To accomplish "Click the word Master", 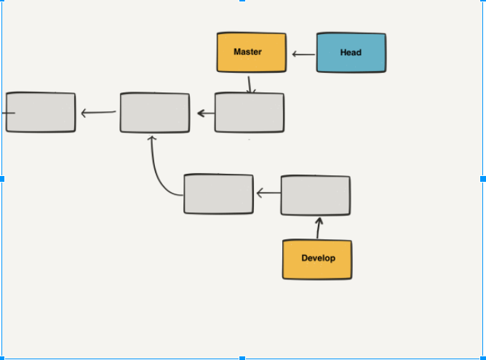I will [x=247, y=52].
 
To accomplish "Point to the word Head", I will [x=351, y=52].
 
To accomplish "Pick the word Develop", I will [x=318, y=258].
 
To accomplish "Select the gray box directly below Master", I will [x=250, y=113].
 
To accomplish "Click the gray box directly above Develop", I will [x=315, y=195].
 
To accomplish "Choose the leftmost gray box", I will [x=41, y=112].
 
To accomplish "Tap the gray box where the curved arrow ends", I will [x=155, y=112].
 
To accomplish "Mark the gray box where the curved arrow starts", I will [x=218, y=193].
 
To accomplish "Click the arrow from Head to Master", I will [x=303, y=54].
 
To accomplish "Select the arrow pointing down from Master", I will [x=250, y=84].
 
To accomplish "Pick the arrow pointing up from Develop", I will [x=318, y=228].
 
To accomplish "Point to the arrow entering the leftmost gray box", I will [x=98, y=113].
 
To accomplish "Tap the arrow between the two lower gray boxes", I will [x=268, y=193].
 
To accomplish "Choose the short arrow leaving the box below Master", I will [x=206, y=113].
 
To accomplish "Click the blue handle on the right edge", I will [x=482, y=178].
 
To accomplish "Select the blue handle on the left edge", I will [x=2, y=178].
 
